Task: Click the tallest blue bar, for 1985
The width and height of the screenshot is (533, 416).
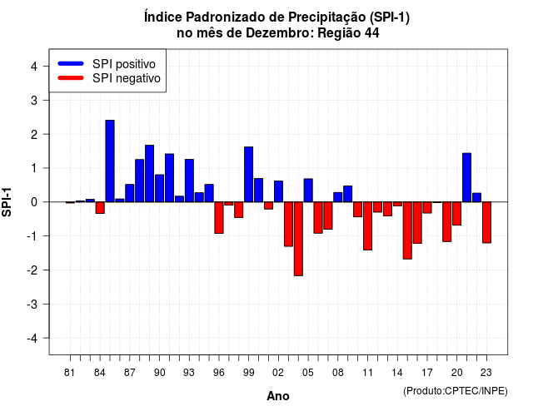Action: coord(110,161)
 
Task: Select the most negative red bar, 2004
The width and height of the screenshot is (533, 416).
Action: coord(298,239)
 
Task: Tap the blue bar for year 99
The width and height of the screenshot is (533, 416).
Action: coord(249,175)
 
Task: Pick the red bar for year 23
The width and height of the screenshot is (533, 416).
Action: coord(486,222)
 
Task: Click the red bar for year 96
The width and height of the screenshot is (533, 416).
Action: coord(219,218)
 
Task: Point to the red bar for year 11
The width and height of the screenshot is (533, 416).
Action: coord(368,225)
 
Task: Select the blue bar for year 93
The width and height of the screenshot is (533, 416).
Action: coord(189,181)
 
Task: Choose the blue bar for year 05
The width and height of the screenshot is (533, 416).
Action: coord(308,191)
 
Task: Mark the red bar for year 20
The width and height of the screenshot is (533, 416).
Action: coord(457,214)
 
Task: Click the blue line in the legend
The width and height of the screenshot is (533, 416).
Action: coord(71,63)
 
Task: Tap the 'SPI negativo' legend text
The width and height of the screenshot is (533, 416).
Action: coord(127,78)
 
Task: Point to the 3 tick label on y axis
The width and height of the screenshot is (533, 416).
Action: coord(34,100)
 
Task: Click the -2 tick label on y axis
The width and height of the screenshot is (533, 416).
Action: coord(32,270)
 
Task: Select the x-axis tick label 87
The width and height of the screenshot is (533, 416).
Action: coord(130,373)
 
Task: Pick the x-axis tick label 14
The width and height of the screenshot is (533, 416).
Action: coord(397,373)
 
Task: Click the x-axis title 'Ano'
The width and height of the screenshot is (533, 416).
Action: coord(278,396)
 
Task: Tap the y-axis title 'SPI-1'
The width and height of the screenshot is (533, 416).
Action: coord(7,202)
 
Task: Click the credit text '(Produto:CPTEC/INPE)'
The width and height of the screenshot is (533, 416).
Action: coord(456,391)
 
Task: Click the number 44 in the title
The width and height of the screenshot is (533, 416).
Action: coord(372,33)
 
